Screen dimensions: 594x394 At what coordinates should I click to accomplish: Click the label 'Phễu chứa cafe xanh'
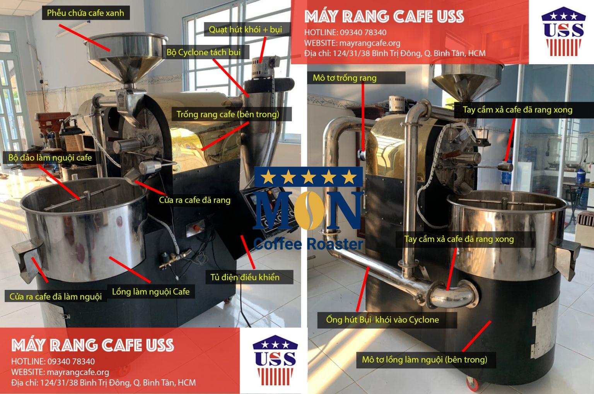(x=85, y=13)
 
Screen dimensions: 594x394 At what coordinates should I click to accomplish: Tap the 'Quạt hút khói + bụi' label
(x=246, y=29)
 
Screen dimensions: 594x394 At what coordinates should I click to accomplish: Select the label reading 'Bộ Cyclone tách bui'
(x=203, y=52)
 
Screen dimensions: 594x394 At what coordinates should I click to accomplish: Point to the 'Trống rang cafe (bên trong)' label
(x=228, y=114)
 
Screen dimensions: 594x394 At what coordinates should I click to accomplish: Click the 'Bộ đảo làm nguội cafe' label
(x=50, y=158)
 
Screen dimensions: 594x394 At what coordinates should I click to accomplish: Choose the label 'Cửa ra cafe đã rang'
(x=195, y=200)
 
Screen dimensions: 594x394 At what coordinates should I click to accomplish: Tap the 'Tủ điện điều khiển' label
(x=245, y=277)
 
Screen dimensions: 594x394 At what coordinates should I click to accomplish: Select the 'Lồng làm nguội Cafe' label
(x=150, y=292)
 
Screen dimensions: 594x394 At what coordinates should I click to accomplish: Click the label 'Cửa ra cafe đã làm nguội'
(x=56, y=296)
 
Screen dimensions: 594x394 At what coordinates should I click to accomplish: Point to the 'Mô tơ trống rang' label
(x=345, y=78)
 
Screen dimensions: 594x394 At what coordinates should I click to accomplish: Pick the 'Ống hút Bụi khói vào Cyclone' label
(x=382, y=320)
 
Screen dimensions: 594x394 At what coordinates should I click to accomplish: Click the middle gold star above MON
(x=308, y=177)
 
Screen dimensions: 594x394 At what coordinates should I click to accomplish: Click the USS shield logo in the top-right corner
(x=563, y=31)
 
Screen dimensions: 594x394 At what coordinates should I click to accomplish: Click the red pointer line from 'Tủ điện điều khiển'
(x=248, y=252)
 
